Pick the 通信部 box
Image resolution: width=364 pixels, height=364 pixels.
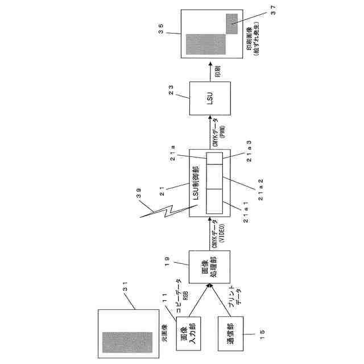tap(227, 334)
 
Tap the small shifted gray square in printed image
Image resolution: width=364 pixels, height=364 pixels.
tap(233, 22)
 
